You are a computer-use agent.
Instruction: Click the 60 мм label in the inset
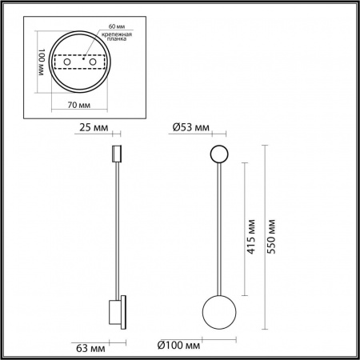[104, 27]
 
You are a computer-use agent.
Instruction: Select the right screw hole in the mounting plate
[93, 62]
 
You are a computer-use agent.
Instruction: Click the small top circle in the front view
[218, 154]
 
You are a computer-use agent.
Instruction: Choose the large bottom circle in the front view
[218, 310]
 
